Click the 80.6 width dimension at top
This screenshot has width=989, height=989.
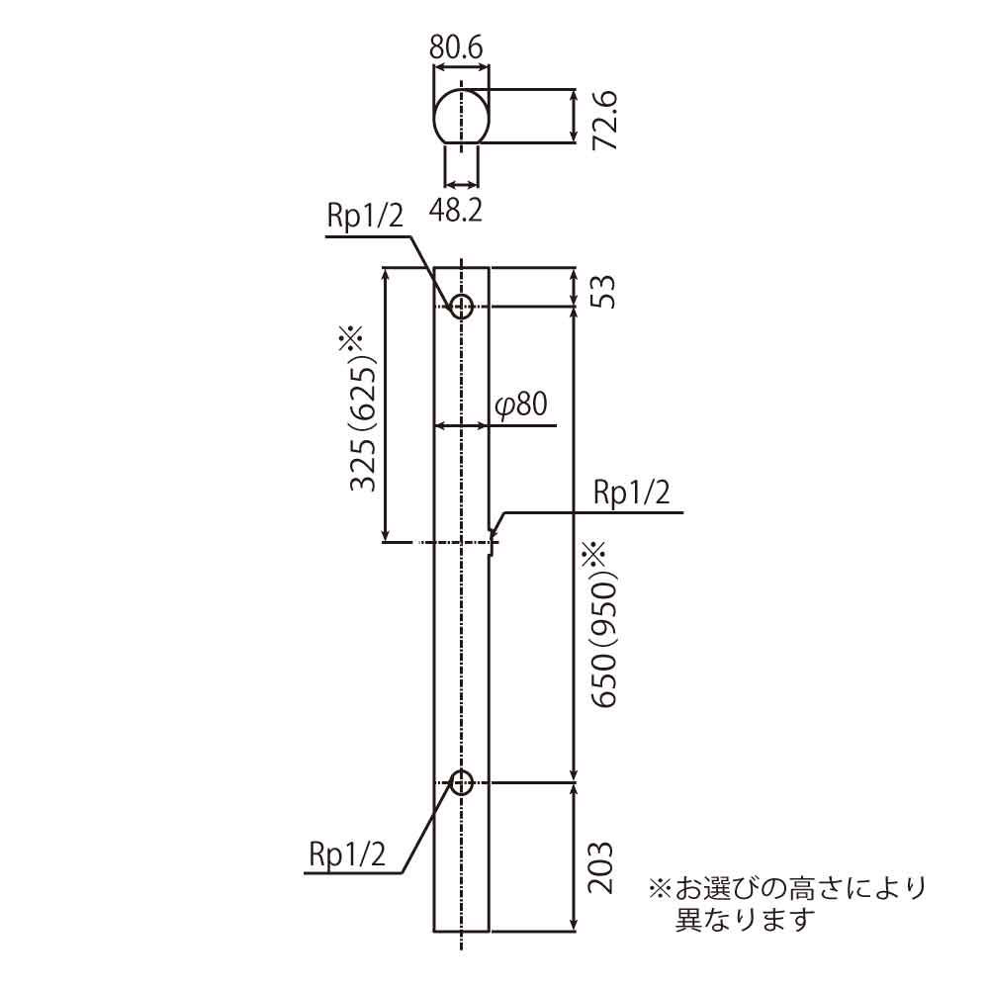(x=456, y=45)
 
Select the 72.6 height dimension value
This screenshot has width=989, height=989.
(x=604, y=119)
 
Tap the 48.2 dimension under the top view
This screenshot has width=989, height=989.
(x=457, y=209)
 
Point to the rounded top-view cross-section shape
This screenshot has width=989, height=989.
(x=462, y=116)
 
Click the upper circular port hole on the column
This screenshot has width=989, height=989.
(x=461, y=305)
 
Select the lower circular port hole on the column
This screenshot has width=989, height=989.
(x=461, y=782)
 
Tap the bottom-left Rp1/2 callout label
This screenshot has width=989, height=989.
(x=346, y=854)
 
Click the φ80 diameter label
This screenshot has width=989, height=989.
(x=520, y=405)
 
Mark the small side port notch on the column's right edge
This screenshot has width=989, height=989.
(x=493, y=537)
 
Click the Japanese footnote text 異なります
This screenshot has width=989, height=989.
(x=743, y=920)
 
